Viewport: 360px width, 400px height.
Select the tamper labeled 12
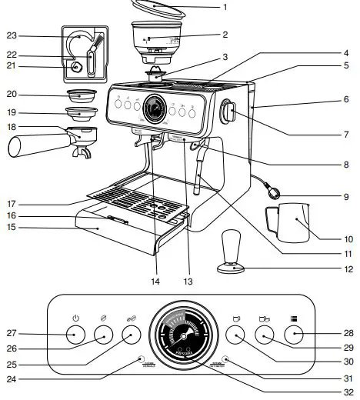tap(233, 253)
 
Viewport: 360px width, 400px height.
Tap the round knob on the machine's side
tap(228, 112)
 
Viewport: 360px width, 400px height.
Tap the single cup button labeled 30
tap(235, 335)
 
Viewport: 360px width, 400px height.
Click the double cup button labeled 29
tap(265, 335)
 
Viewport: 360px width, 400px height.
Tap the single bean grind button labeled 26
tap(102, 335)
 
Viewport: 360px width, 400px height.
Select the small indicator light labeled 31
tap(226, 358)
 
